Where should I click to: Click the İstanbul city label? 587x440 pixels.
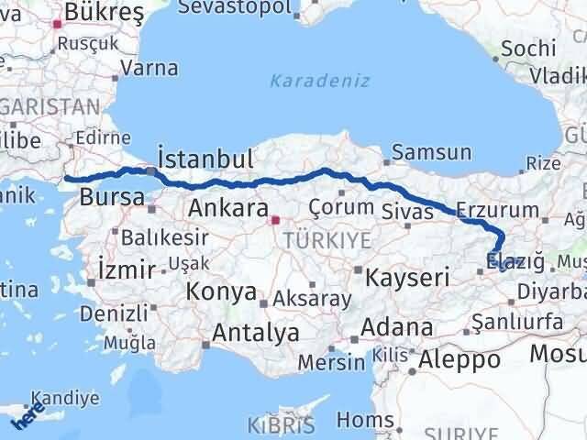click(205, 158)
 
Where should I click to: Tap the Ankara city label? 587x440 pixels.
click(227, 208)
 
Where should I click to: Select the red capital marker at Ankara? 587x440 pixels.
click(274, 220)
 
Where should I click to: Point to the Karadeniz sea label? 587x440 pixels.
click(320, 81)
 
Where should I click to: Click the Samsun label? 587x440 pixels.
click(432, 153)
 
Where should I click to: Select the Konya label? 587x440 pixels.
click(220, 291)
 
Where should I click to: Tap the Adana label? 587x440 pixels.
click(397, 327)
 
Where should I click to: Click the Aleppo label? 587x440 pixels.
click(460, 359)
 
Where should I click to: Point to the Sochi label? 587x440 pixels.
click(526, 48)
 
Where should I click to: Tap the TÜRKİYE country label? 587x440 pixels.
click(314, 240)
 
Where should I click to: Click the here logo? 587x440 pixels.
click(28, 415)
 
